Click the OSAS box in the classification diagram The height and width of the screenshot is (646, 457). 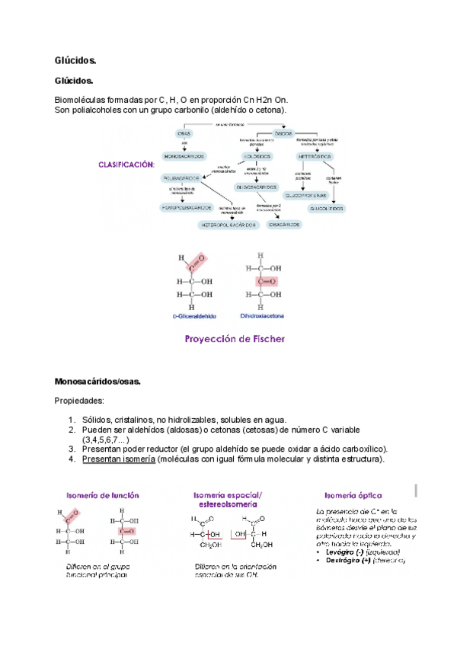click(x=184, y=133)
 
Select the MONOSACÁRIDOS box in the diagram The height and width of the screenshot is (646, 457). click(x=184, y=155)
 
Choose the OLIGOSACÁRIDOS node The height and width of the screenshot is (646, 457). click(x=257, y=186)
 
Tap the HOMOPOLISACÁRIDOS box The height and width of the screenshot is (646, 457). click(x=187, y=207)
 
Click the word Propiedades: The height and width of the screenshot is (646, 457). click(x=79, y=400)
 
